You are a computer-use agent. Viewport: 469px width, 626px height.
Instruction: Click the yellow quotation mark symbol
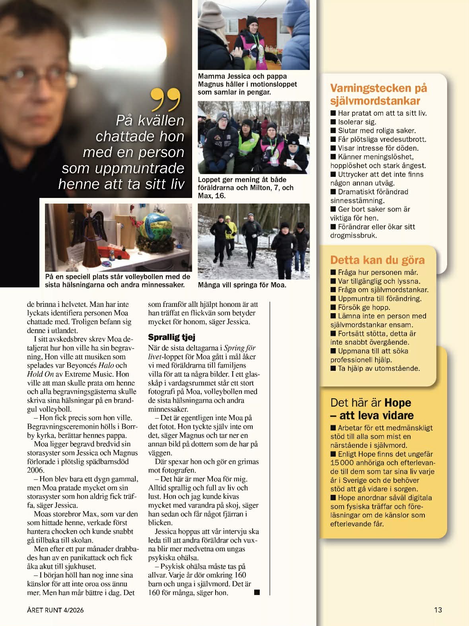click(x=166, y=99)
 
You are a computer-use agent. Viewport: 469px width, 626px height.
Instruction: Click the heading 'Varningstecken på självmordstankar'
click(x=378, y=94)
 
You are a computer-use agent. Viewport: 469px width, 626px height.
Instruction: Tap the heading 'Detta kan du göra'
click(x=377, y=260)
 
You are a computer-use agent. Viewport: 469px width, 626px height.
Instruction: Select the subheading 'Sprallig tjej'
click(x=171, y=337)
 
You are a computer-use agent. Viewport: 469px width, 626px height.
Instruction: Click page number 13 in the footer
click(x=438, y=610)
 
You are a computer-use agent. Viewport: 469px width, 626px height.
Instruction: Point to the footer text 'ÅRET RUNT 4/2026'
click(x=55, y=610)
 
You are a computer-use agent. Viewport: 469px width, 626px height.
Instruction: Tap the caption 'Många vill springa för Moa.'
click(x=242, y=285)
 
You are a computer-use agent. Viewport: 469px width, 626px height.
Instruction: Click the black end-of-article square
click(x=257, y=592)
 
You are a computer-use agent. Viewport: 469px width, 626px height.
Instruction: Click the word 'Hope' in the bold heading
click(x=398, y=403)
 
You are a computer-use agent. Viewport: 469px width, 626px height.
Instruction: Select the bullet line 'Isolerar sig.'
click(x=356, y=122)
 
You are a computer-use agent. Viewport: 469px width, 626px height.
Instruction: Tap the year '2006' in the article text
click(x=36, y=470)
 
